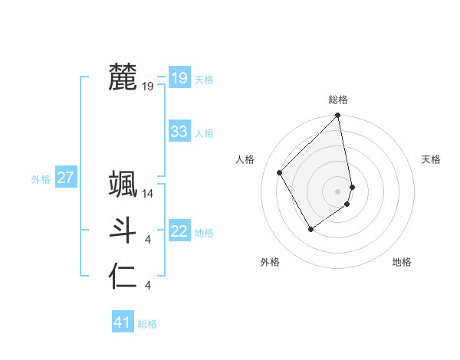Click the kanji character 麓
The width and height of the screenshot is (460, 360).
(123, 77)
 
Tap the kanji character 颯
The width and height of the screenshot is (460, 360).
(123, 185)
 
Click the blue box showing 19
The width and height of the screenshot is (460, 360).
(179, 77)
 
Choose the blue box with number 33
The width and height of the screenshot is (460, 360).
(179, 132)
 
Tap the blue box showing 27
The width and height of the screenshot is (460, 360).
(65, 178)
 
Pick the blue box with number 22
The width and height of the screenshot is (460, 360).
(179, 231)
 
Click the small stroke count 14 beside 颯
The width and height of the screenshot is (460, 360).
(149, 195)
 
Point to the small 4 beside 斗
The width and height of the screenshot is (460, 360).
(148, 241)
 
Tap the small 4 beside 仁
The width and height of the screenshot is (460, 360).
(148, 286)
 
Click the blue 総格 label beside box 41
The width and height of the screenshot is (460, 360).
(147, 324)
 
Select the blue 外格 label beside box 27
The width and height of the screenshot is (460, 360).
(41, 179)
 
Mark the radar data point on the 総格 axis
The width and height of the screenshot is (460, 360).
(337, 116)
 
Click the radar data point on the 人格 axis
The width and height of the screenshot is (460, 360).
(280, 172)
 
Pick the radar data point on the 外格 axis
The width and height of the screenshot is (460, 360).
(310, 228)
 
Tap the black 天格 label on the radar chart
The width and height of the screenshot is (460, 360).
(431, 159)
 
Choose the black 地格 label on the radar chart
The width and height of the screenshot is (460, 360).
(402, 262)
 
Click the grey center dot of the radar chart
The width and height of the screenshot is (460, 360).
(337, 191)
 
